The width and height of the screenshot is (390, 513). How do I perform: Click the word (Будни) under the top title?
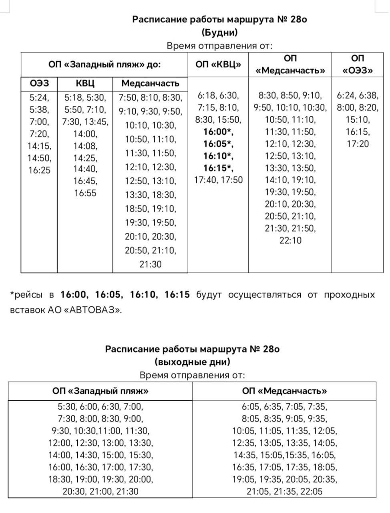coord(219,32)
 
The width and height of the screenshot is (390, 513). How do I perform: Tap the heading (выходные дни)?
coord(193,362)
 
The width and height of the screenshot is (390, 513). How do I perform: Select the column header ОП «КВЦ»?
coord(218,65)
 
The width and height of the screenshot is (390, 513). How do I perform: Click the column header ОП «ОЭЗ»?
coord(358,65)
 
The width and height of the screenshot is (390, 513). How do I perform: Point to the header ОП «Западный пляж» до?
coord(105,65)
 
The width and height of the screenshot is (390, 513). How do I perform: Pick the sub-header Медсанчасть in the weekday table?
coord(150,83)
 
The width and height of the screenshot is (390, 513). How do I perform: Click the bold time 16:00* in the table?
coord(218,132)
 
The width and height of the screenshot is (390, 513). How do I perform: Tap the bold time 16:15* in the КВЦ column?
coord(218,168)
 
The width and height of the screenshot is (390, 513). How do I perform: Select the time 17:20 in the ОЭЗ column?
coord(358,144)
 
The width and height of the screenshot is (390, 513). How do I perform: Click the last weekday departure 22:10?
coord(290,240)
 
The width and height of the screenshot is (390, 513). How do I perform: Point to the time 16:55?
coord(85,193)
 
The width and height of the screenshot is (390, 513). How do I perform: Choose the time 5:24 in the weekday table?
coord(39,97)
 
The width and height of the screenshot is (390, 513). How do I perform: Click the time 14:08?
coord(85,146)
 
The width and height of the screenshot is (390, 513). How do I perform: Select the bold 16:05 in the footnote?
coord(109,295)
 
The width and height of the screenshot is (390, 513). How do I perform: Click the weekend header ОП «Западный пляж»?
coord(101,391)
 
